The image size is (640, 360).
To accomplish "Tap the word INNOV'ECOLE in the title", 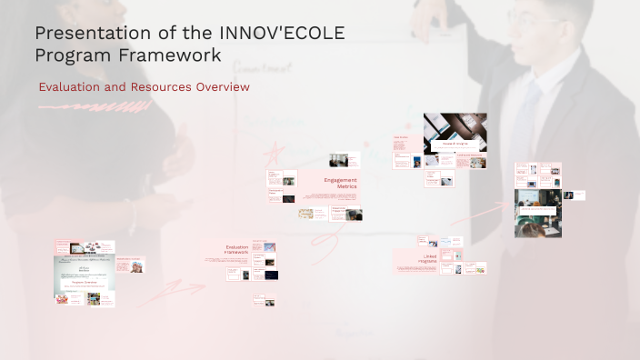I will click(x=283, y=34).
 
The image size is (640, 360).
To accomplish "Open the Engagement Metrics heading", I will click(x=340, y=183).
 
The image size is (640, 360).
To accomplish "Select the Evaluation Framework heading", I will click(x=236, y=249).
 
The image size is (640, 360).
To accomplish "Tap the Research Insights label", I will click(x=454, y=144).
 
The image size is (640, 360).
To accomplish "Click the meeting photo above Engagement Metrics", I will click(x=338, y=160).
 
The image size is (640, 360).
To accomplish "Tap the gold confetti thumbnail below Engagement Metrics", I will click(x=306, y=215).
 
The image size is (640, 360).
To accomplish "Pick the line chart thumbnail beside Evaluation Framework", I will click(x=269, y=246).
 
